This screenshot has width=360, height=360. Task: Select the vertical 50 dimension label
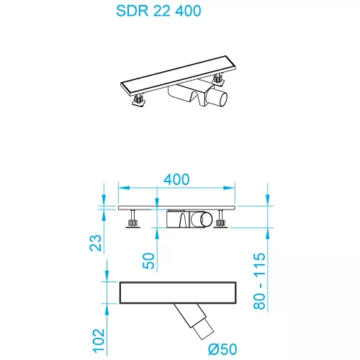tap(149, 260)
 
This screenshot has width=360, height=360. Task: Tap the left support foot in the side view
tap(132, 221)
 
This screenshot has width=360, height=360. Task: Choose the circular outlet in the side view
tap(206, 220)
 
